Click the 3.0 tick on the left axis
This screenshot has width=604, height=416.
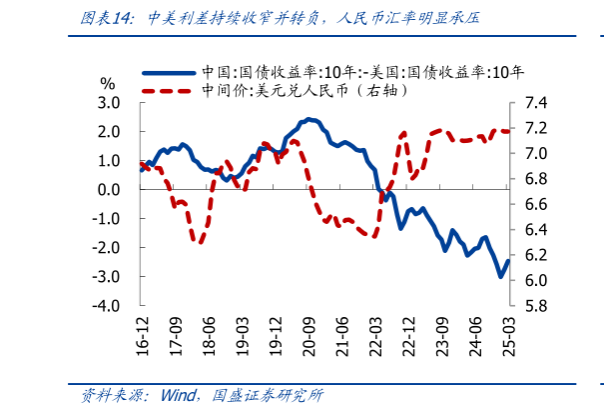(x=109, y=103)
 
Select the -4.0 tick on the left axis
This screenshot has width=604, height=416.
(x=107, y=306)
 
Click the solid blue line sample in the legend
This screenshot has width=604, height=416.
(x=169, y=72)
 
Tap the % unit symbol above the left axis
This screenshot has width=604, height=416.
(x=108, y=84)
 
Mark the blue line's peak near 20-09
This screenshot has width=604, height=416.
(x=309, y=120)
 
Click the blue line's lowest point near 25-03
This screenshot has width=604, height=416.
(x=500, y=277)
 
